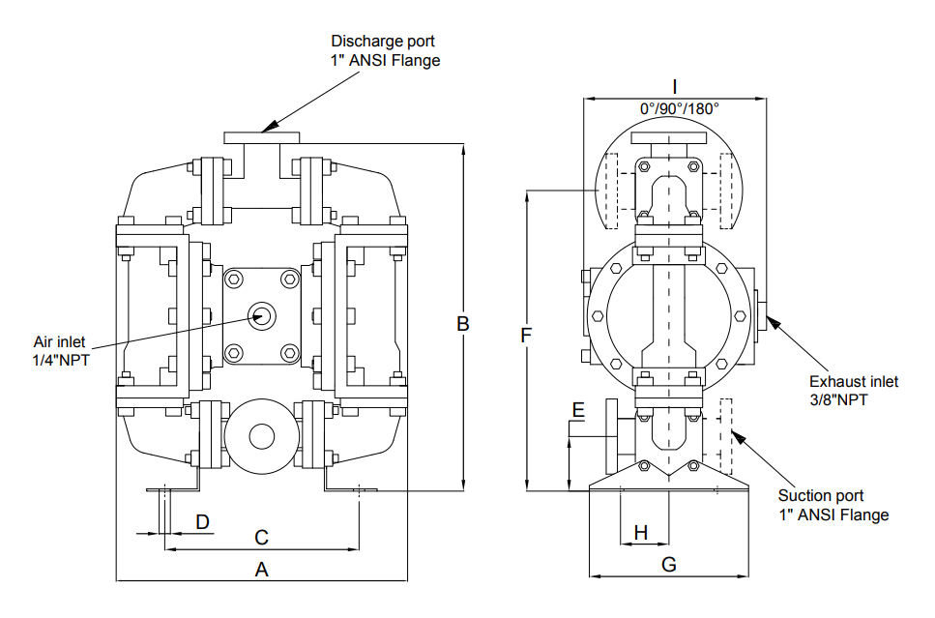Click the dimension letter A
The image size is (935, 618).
point(261,571)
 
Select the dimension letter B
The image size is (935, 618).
point(463,324)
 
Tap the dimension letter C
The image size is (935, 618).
point(261,537)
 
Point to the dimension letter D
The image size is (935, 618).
point(203,522)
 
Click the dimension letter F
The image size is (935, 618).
point(526,336)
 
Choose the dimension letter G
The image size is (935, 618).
point(669,565)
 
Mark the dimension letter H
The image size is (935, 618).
point(640,532)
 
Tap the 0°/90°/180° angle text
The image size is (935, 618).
point(679,108)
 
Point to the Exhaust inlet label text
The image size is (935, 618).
point(854,381)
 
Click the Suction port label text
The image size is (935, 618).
point(821,496)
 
